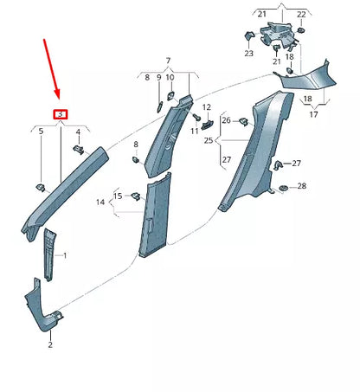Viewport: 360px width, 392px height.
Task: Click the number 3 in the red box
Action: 60,114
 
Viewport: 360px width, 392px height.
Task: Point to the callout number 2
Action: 50,344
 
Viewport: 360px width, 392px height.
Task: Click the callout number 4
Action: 79,132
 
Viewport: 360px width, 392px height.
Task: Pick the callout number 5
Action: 40,132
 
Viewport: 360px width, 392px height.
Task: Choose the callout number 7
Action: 169,61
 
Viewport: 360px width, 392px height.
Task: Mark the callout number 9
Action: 159,78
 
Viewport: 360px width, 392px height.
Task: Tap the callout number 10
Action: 170,78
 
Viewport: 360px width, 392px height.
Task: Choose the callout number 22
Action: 301,16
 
